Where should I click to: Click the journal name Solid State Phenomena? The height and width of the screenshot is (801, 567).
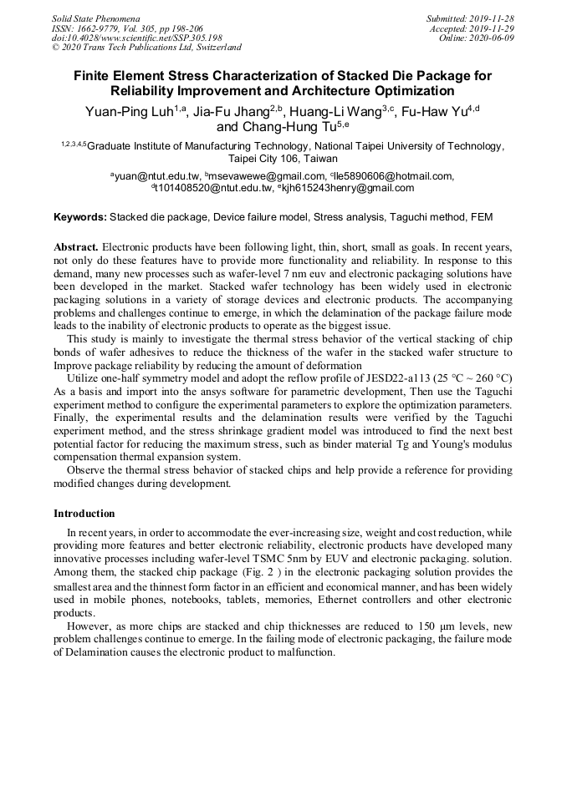click(95, 18)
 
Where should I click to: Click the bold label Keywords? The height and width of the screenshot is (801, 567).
click(80, 217)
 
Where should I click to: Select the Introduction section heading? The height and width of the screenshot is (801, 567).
click(84, 513)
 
